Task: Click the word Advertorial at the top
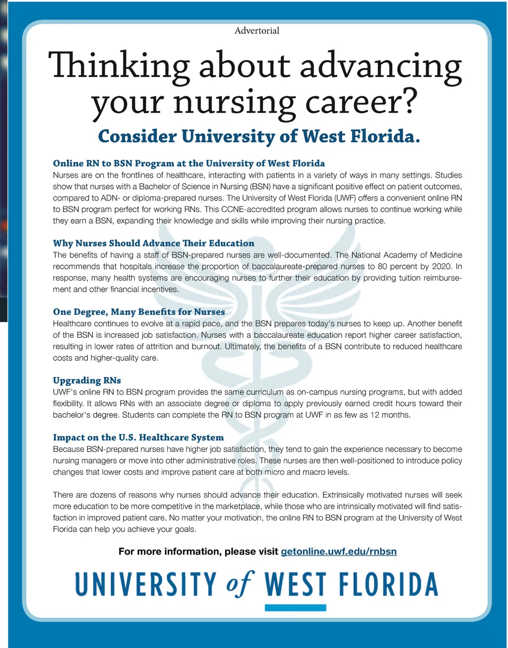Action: coord(256,31)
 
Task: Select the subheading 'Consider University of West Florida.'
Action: coord(259,136)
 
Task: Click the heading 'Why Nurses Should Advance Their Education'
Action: coord(153,243)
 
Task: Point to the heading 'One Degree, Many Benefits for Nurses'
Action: coord(139,312)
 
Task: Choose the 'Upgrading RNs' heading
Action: coord(87,380)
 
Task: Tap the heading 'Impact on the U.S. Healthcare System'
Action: coord(138,437)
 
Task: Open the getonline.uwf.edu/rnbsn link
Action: coord(339,551)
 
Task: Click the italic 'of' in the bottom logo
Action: coord(240,584)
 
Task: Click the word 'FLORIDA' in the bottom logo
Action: coord(388,584)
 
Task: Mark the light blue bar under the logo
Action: coord(295,608)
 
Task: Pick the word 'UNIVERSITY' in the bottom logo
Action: coord(146,584)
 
